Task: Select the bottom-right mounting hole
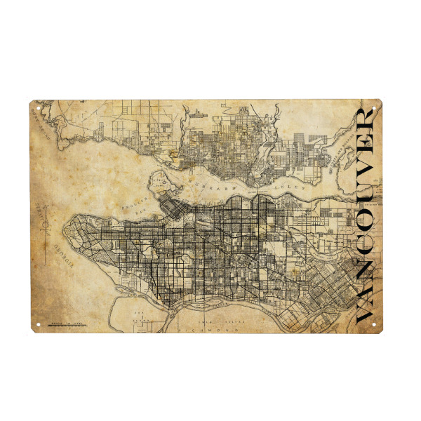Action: pos(384,324)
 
